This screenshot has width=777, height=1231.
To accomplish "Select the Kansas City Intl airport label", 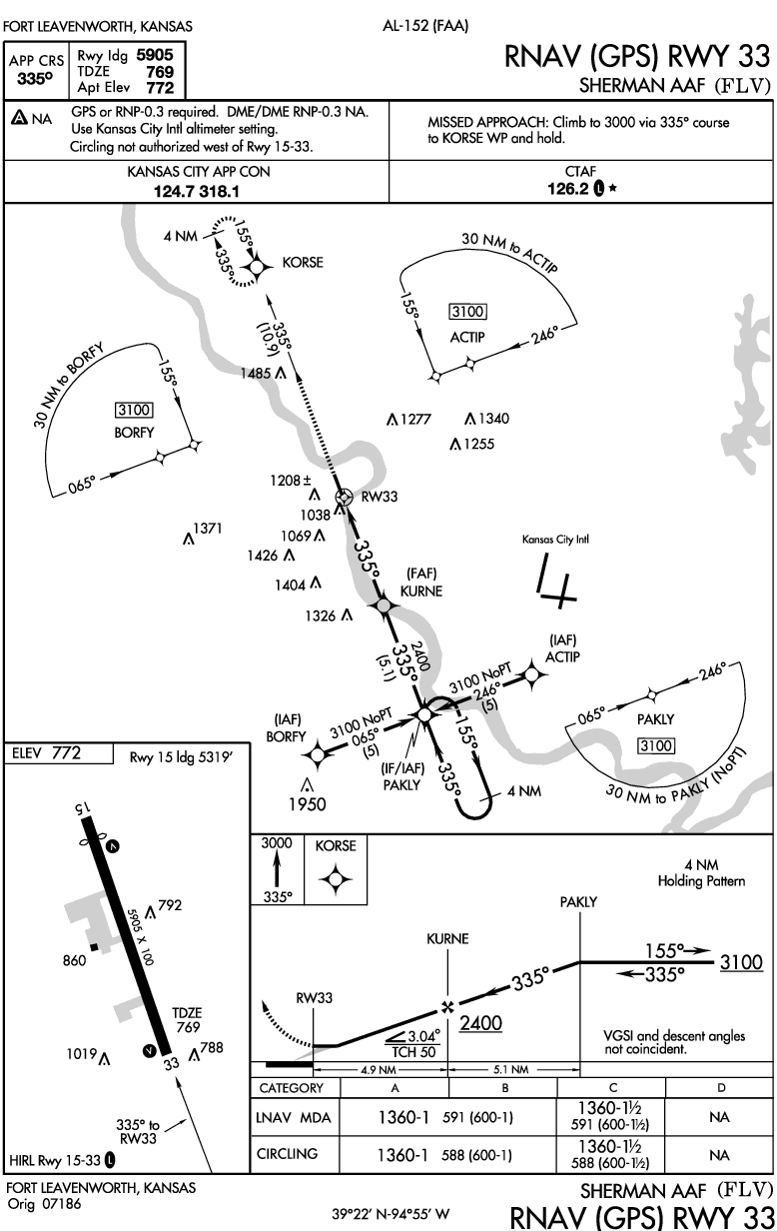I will point(556,540).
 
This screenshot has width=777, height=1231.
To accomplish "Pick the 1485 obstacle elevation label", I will point(256,373).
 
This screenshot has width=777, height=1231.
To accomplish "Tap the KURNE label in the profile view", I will point(447,939).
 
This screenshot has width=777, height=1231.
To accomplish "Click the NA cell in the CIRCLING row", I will point(719,1154).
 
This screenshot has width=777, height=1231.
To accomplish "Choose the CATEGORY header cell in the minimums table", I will point(291,1088).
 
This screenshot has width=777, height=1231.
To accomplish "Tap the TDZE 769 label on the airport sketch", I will point(188,1019).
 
